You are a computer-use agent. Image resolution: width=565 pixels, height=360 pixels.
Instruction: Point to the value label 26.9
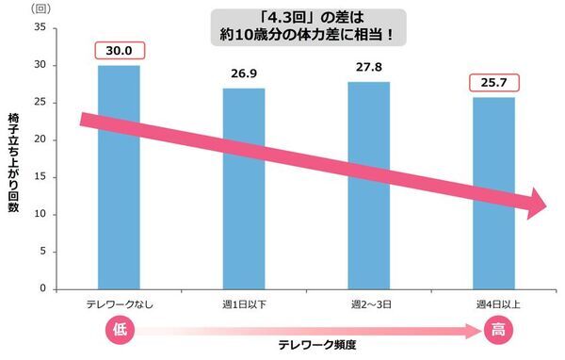[244, 74]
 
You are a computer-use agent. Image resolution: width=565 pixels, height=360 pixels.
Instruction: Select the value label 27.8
[369, 67]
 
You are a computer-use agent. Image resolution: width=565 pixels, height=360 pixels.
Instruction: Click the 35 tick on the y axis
[39, 27]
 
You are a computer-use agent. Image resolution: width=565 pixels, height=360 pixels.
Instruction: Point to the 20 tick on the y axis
[39, 139]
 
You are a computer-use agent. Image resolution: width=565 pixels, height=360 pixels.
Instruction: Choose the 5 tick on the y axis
[41, 252]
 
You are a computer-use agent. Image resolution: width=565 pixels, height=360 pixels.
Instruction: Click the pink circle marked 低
[119, 330]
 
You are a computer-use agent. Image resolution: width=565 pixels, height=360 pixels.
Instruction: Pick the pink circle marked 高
[495, 330]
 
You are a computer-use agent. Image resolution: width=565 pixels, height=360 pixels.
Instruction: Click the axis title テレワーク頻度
[316, 345]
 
